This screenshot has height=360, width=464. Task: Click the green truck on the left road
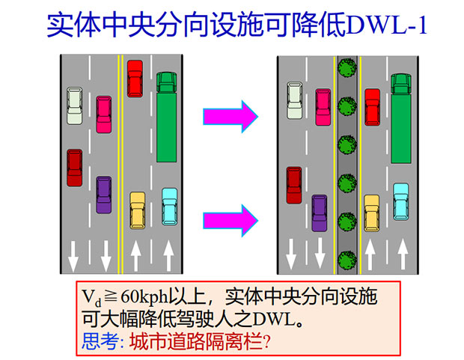[x=167, y=117]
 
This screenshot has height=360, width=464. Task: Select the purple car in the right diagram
[x=320, y=213]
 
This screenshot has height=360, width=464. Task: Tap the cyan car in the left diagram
[x=170, y=207]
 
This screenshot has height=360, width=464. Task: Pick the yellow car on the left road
[x=138, y=210]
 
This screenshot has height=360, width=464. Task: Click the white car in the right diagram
[x=295, y=100]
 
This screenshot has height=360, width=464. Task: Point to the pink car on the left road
[x=104, y=115]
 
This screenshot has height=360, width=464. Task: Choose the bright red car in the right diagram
[x=372, y=107]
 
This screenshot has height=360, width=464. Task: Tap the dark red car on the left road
[x=75, y=168]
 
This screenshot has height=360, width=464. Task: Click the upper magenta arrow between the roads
[x=231, y=116]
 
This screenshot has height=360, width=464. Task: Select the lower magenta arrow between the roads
[x=231, y=220]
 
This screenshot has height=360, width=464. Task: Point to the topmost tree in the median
[x=347, y=68]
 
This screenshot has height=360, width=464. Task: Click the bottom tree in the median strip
[x=347, y=260]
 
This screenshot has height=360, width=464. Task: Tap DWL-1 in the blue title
[x=387, y=25]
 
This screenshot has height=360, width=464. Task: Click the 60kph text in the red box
[x=144, y=296]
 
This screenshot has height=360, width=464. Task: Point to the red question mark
[x=266, y=341]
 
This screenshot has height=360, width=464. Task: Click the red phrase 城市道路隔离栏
[x=196, y=341]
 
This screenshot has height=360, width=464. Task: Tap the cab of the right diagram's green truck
[x=401, y=84]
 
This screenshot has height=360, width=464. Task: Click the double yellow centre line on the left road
[x=120, y=164]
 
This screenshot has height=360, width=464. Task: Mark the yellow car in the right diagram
[x=372, y=213]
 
